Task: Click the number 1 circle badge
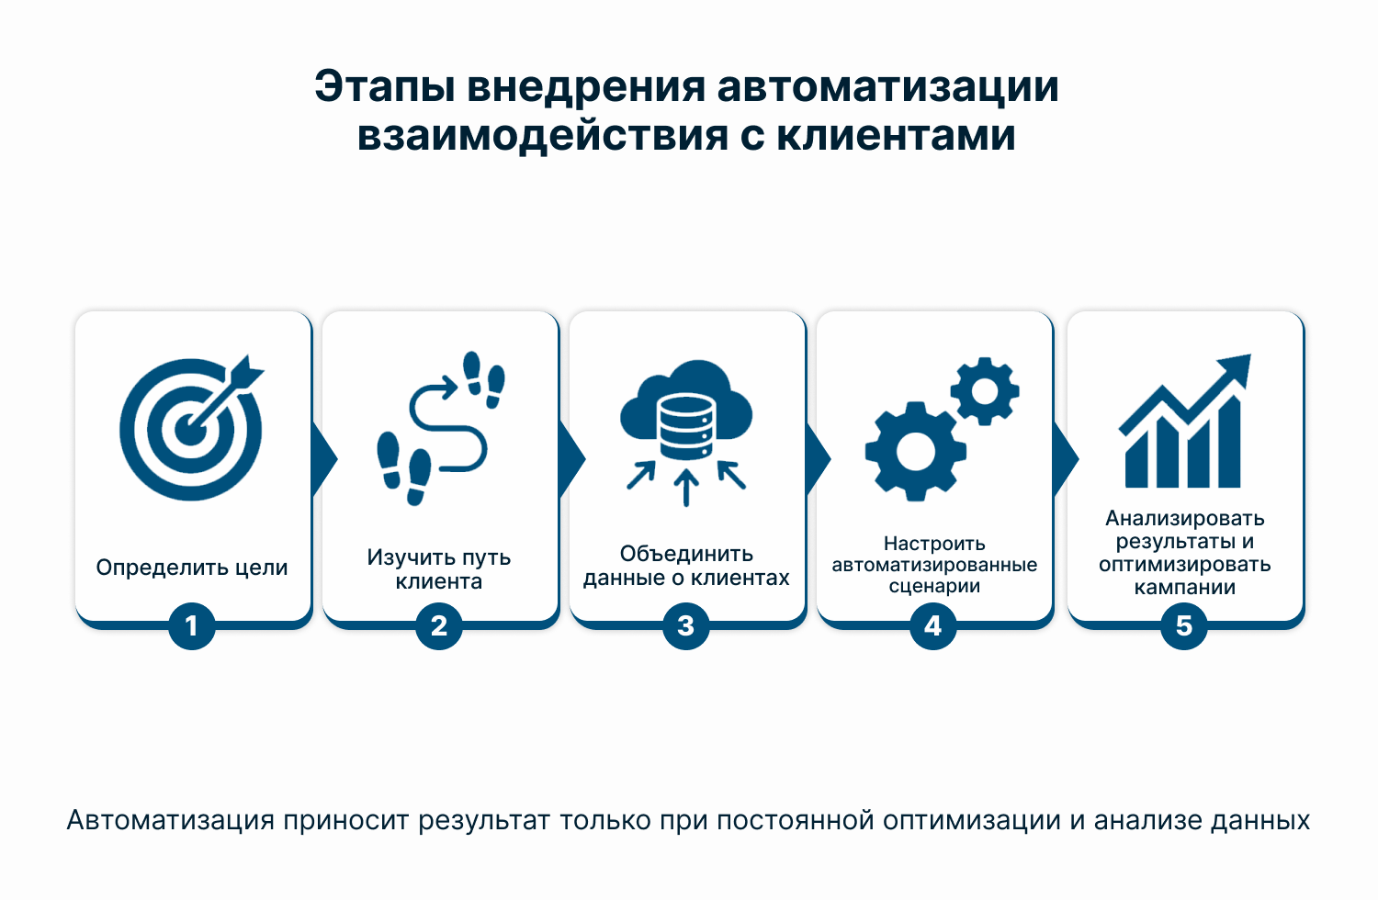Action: pos(191,625)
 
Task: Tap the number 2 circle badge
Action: pos(438,625)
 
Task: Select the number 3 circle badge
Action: pos(686,625)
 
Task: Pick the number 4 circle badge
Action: pos(933,625)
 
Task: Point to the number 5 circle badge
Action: pos(1184,625)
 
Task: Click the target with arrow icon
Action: pos(191,428)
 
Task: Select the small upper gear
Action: pos(985,391)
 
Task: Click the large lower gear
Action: pos(915,452)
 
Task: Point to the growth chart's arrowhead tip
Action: pos(1250,354)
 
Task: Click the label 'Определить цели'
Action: pos(191,568)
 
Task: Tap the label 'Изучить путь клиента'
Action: pos(438,569)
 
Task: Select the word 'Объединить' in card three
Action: pos(686,554)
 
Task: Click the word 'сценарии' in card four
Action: pos(934,586)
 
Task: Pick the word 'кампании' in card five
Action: pos(1185,588)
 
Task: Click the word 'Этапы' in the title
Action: pos(385,87)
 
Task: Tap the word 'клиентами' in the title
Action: pos(896,135)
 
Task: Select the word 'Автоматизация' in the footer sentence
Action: pos(170,820)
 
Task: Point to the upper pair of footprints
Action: pos(483,379)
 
